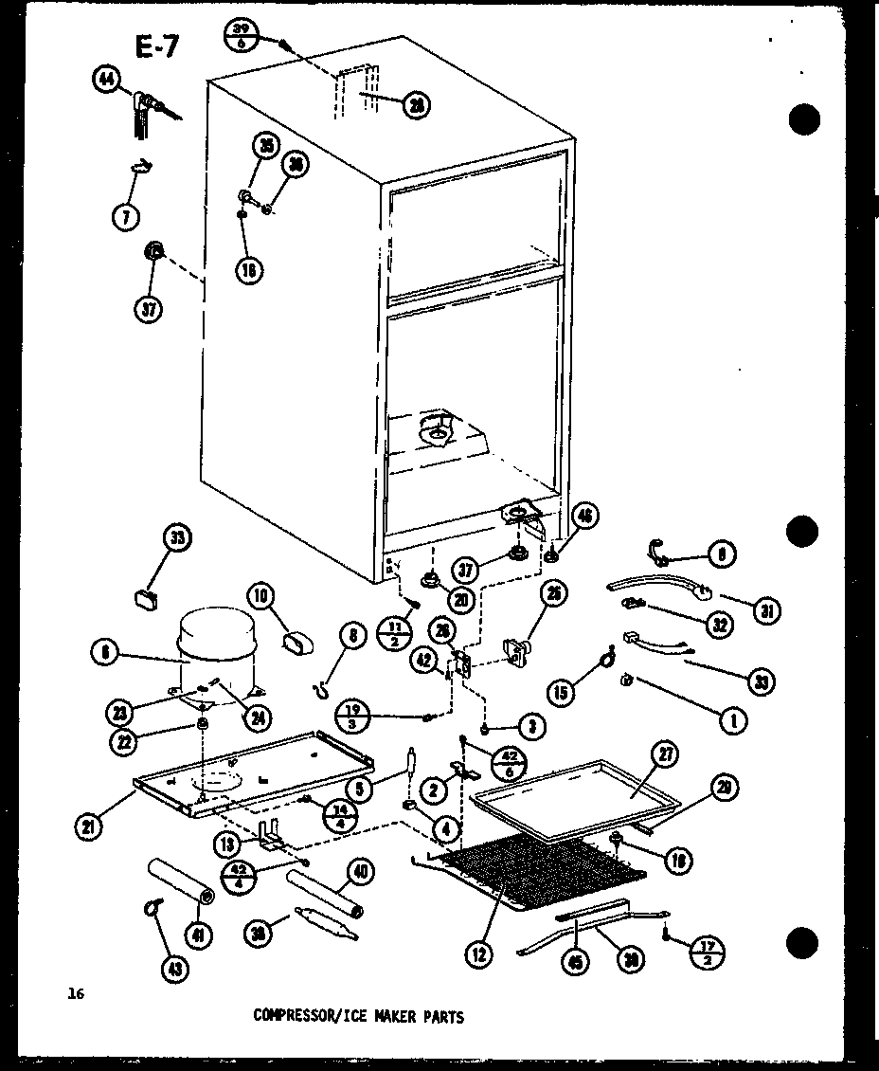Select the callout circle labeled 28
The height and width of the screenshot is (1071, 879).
pyautogui.click(x=414, y=105)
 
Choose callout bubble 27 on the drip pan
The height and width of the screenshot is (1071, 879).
pyautogui.click(x=667, y=755)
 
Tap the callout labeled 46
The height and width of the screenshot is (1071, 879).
pyautogui.click(x=585, y=517)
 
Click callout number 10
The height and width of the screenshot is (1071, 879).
pyautogui.click(x=260, y=596)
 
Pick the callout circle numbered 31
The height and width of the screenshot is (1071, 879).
pyautogui.click(x=765, y=610)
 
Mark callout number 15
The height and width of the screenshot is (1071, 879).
pyautogui.click(x=561, y=693)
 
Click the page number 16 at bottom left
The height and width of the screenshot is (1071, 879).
pyautogui.click(x=76, y=993)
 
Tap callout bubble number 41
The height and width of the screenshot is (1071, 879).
pyautogui.click(x=200, y=935)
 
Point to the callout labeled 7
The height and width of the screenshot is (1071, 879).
pyautogui.click(x=125, y=216)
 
